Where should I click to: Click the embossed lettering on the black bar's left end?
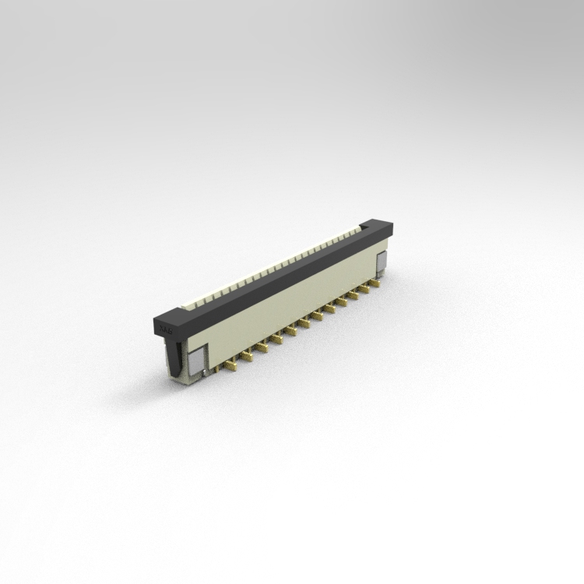(x=165, y=330)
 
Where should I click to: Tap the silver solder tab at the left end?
(x=195, y=361)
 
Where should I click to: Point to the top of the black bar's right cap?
(x=378, y=223)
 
